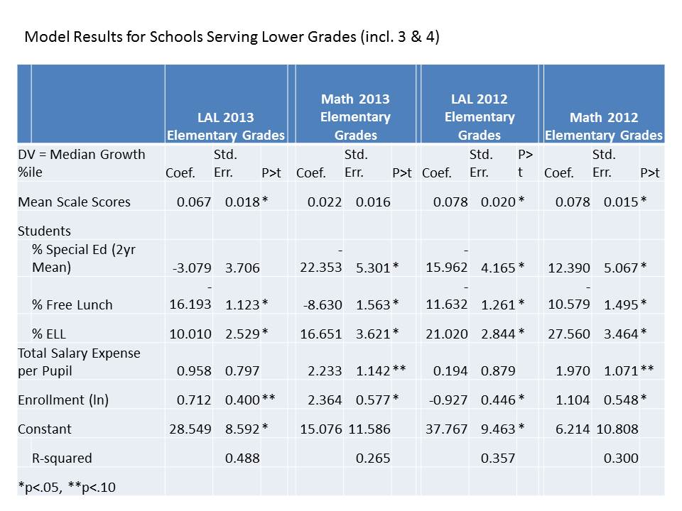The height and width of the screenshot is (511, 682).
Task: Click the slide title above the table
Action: (x=232, y=37)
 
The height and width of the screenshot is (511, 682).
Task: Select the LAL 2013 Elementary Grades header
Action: (x=225, y=126)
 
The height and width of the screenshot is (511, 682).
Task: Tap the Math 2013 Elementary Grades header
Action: (x=355, y=117)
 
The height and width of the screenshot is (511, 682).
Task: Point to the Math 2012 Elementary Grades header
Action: (x=603, y=126)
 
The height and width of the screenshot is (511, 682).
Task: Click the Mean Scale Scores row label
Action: (x=75, y=202)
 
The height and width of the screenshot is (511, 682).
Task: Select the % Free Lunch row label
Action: (x=72, y=305)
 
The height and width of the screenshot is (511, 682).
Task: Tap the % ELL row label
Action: (x=53, y=334)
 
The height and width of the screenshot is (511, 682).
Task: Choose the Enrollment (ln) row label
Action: (x=63, y=400)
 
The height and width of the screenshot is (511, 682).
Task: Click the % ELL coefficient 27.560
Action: (x=569, y=334)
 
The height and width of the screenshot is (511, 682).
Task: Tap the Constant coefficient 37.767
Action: (x=446, y=429)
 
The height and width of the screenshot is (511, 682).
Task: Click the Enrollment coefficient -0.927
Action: (x=448, y=400)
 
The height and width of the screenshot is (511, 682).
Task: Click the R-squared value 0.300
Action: (x=621, y=458)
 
